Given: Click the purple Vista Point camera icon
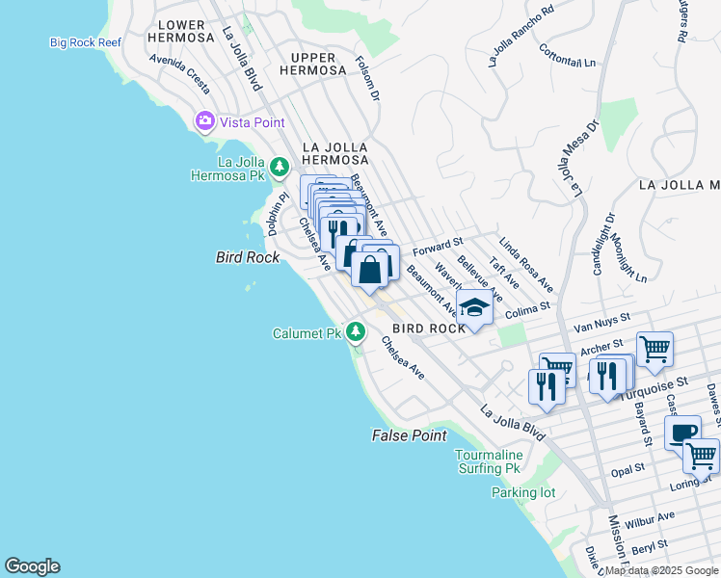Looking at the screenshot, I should [204, 121].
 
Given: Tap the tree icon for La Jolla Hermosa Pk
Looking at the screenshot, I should [280, 169].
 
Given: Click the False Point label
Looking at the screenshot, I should [409, 435].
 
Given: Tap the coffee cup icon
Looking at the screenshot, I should [682, 432].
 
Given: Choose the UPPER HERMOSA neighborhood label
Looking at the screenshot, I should [312, 64].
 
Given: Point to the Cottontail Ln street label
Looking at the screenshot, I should [567, 57].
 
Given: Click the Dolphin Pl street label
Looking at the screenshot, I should [279, 215].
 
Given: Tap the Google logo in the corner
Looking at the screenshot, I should [32, 566].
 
